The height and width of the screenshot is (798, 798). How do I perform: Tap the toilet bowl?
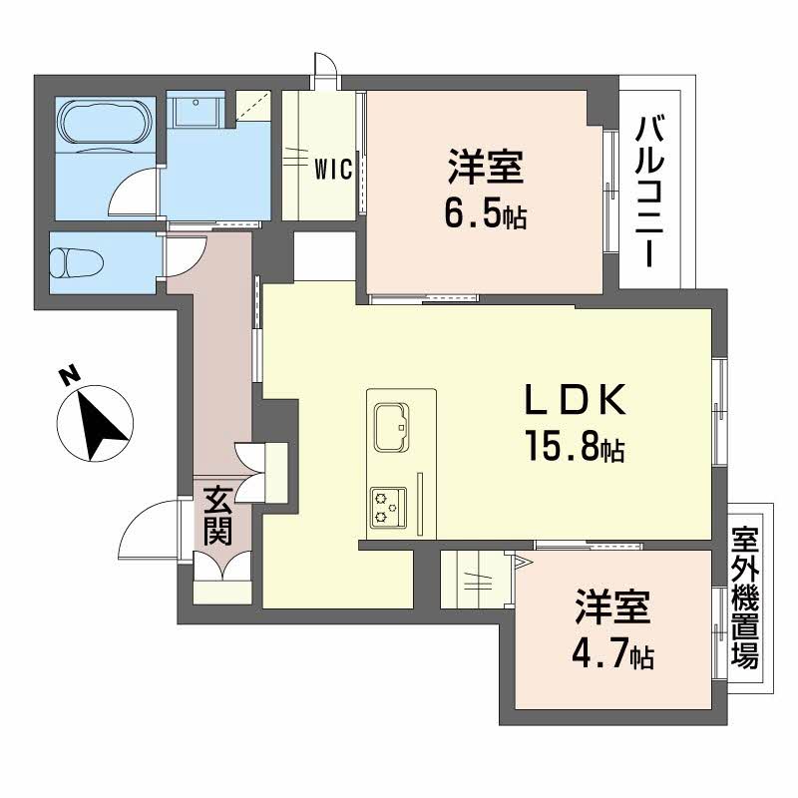pos(77,263)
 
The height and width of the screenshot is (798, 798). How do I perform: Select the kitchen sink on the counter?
pos(391,427)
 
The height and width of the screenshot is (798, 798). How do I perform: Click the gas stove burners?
pos(388,508)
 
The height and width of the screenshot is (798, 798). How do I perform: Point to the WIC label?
pos(333,169)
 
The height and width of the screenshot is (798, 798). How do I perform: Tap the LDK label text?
pos(575,400)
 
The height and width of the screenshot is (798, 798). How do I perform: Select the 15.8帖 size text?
pos(576,446)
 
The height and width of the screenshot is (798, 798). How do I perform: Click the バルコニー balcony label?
pos(650,192)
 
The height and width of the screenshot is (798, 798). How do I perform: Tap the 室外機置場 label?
pos(745,598)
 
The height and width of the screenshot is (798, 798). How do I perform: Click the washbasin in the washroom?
pos(196,110)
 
